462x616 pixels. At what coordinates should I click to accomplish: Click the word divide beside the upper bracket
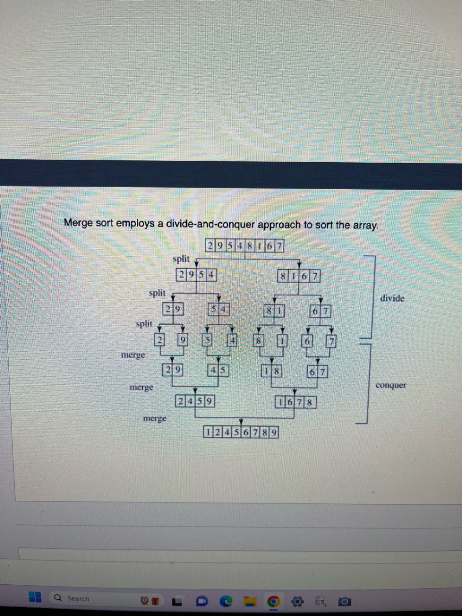392,298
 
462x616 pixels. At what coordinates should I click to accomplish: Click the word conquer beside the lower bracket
391,385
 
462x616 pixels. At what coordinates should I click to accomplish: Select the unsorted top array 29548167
244,246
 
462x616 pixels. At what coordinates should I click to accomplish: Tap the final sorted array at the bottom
241,432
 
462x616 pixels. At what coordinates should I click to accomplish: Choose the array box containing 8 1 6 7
299,276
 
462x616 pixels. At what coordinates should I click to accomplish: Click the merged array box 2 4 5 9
195,401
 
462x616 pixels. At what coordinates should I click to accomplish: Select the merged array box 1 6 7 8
295,402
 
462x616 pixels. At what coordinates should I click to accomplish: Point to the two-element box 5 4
219,310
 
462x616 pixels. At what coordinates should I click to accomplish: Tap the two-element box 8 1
274,311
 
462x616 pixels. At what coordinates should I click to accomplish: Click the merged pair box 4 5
218,371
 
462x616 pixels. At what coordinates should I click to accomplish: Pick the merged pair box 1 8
271,372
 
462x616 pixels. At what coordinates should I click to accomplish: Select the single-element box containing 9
183,340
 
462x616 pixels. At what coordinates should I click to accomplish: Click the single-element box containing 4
232,340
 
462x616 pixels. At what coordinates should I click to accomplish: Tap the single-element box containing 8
258,341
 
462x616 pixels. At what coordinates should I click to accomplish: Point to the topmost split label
181,259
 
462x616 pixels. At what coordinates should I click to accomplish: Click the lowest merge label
155,418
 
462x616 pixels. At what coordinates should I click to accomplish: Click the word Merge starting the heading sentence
78,222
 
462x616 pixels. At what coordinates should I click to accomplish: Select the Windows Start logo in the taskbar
35,597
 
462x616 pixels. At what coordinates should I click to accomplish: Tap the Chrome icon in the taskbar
273,601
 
